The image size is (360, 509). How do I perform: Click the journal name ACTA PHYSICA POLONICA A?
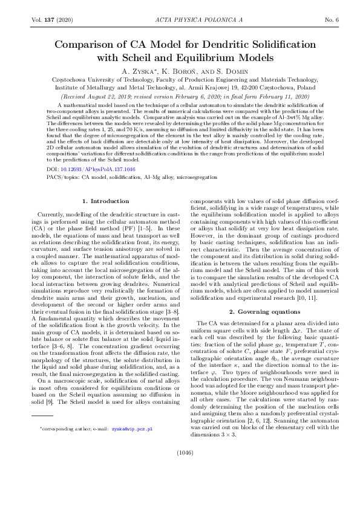pyautogui.click(x=180, y=20)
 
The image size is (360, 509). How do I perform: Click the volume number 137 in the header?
pyautogui.click(x=49, y=20)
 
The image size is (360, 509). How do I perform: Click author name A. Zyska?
pyautogui.click(x=140, y=71)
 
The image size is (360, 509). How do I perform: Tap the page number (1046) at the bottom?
pyautogui.click(x=180, y=468)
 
